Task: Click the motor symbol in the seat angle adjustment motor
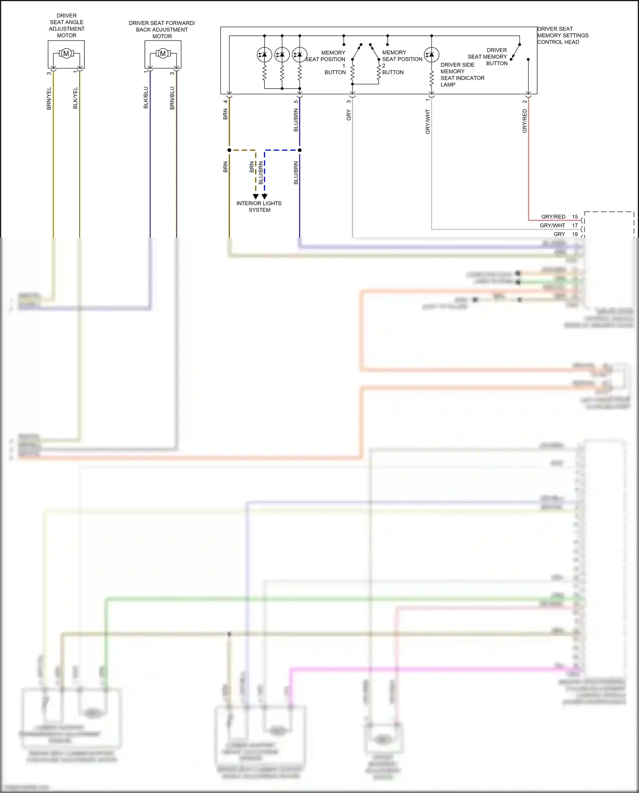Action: [x=66, y=54]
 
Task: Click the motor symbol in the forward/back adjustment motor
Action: [x=163, y=54]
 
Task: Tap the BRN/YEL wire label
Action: [x=49, y=99]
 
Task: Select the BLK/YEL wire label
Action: [x=75, y=98]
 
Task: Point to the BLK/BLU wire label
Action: [x=146, y=98]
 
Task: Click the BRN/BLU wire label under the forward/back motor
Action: [x=172, y=98]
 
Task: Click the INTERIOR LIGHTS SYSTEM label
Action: [x=259, y=207]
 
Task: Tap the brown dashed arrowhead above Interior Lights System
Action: [x=256, y=196]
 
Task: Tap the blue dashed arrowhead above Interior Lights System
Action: [x=265, y=196]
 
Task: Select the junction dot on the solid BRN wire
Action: [x=229, y=150]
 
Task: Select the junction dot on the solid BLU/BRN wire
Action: [x=299, y=150]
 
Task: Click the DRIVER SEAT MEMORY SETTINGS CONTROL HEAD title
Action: [x=562, y=35]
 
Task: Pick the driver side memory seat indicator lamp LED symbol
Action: [x=432, y=55]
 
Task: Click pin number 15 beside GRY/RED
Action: [x=575, y=217]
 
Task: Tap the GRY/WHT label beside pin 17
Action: [x=552, y=225]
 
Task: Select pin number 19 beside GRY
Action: [x=575, y=234]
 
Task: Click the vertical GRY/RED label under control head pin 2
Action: [x=525, y=121]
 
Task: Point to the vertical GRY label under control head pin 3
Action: [x=348, y=115]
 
